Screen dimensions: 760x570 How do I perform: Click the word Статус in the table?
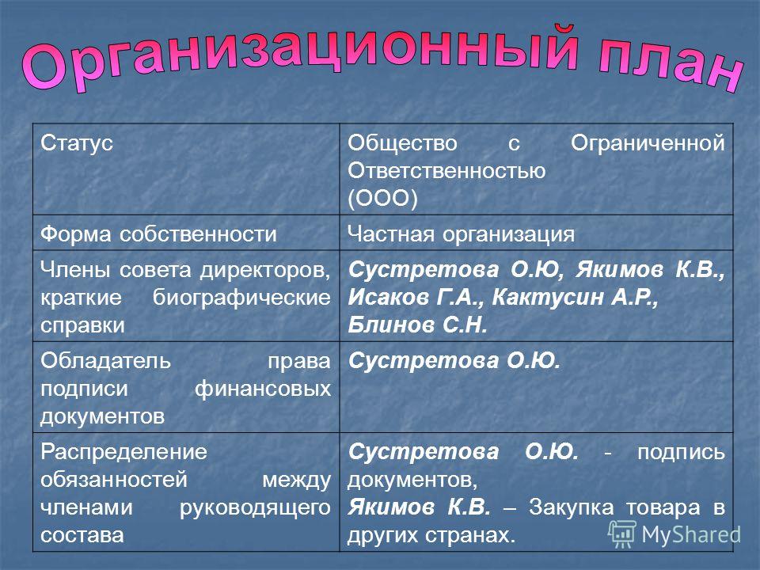click(x=77, y=143)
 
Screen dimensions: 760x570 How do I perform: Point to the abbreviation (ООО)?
click(x=382, y=198)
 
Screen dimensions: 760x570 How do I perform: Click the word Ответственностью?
click(x=446, y=171)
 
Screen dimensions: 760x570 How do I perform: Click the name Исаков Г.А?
click(x=416, y=297)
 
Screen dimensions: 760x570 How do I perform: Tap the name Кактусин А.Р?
click(x=575, y=297)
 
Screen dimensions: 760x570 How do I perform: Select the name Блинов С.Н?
click(x=417, y=325)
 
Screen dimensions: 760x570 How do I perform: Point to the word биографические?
click(x=241, y=298)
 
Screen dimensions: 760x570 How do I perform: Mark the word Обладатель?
click(x=105, y=361)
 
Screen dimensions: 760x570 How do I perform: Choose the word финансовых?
click(x=263, y=389)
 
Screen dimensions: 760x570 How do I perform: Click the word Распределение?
click(x=123, y=452)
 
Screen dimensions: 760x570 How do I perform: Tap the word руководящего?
click(x=255, y=508)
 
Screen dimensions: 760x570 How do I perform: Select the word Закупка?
click(x=571, y=507)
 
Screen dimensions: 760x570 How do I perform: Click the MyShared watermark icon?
click(x=622, y=534)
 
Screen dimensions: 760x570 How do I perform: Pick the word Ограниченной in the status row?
click(x=648, y=143)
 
